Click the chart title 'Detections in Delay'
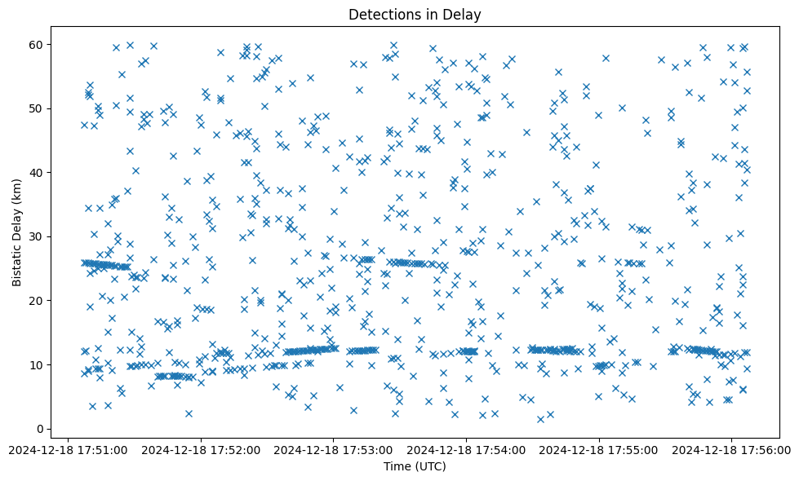coord(415,14)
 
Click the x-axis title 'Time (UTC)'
coord(415,466)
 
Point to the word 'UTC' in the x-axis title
coord(429,466)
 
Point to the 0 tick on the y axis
coord(39,429)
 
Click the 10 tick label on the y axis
coord(36,364)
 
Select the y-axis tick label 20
coord(36,300)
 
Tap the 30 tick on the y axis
coord(36,236)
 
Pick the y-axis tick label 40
coord(36,172)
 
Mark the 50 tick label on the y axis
coord(36,108)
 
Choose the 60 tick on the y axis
coord(36,44)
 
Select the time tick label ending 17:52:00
coord(200,449)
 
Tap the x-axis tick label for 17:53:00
coord(333,449)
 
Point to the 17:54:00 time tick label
coord(466,449)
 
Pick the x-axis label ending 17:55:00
coord(599,449)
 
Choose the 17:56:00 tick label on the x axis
coord(731,449)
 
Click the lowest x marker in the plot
coord(540,419)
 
